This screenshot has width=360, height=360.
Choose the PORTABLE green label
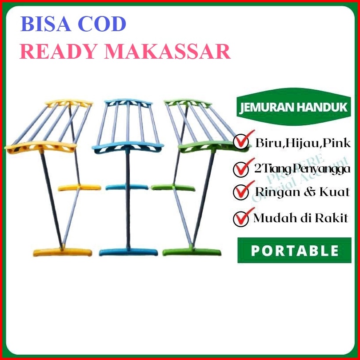coord(294,250)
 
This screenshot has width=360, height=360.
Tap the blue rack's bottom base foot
coord(128,252)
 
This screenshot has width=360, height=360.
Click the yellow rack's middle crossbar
coord(75,186)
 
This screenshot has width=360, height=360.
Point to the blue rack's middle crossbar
coord(127,186)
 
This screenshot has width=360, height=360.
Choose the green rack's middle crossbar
coord(173,187)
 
